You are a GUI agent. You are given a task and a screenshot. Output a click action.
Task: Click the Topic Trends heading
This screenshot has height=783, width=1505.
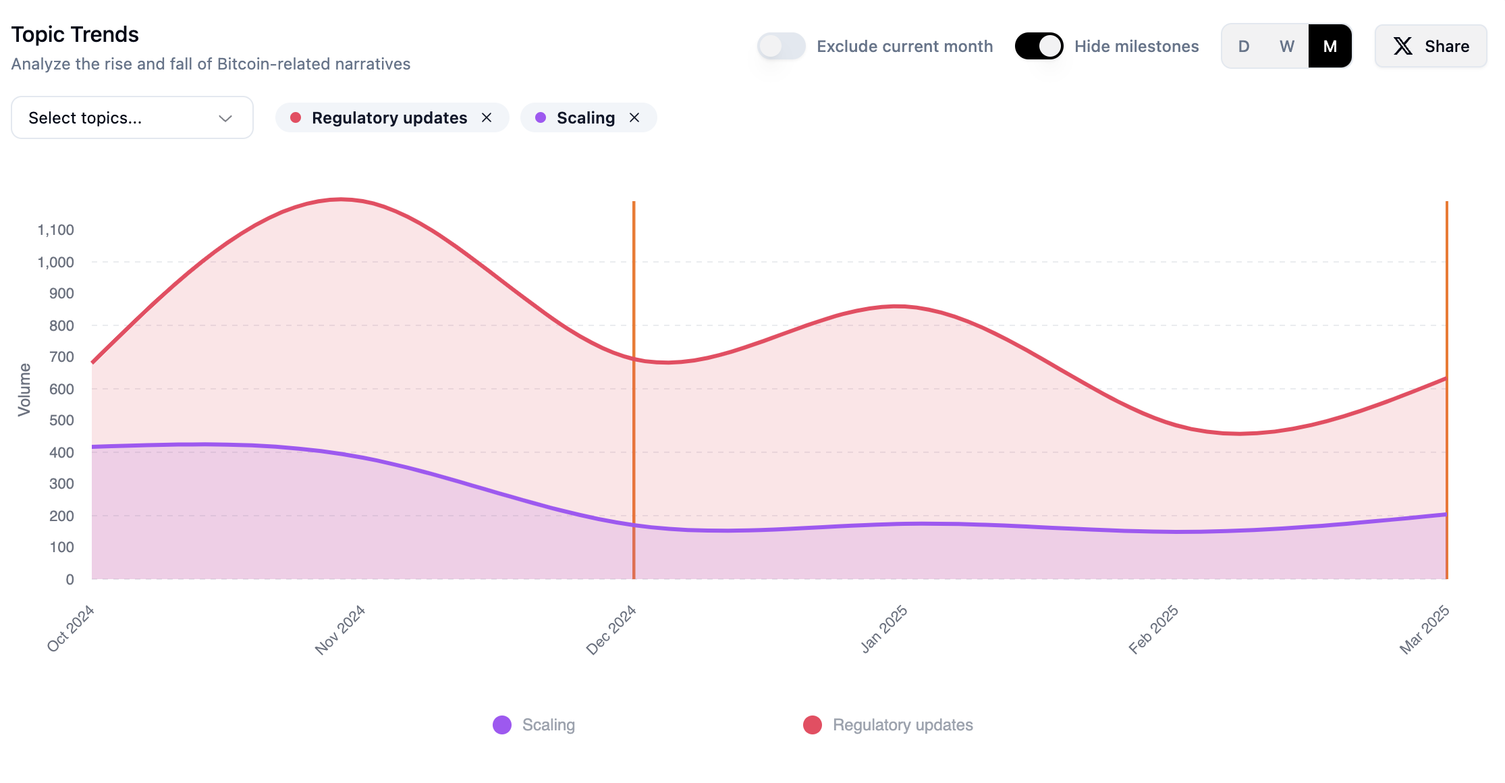tap(75, 34)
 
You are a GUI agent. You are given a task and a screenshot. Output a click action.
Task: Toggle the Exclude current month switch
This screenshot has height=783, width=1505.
tap(782, 46)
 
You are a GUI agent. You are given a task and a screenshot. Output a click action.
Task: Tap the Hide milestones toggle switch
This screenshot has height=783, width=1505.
tap(1039, 46)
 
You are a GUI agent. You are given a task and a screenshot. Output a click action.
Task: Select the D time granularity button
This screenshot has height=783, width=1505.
tap(1243, 46)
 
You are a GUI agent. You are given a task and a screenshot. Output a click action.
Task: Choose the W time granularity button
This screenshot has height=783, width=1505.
tap(1286, 46)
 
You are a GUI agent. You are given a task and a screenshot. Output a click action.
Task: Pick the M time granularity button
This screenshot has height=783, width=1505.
tap(1330, 46)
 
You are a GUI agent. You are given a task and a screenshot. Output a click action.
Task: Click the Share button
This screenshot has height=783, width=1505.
tap(1431, 46)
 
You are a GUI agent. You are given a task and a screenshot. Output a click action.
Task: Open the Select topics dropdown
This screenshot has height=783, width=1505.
tap(132, 117)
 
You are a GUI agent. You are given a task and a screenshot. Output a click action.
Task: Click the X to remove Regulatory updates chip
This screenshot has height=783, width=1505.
tap(487, 117)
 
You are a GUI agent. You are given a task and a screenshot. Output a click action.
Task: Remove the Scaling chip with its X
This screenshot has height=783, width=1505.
tap(634, 117)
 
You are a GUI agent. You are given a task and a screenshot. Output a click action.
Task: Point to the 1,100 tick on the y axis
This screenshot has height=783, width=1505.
tap(56, 230)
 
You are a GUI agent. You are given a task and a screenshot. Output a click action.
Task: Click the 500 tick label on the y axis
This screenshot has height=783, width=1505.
tap(61, 421)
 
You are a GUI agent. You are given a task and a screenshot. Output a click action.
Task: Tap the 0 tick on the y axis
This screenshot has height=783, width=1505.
tap(70, 579)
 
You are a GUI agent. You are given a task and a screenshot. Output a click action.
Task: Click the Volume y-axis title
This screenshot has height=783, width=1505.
tap(24, 389)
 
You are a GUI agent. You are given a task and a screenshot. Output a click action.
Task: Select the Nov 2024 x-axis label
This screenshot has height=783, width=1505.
tap(340, 630)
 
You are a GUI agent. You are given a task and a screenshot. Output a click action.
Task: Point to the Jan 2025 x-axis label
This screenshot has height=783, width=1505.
tap(884, 630)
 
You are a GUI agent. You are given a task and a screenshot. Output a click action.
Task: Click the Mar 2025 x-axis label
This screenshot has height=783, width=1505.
tap(1425, 630)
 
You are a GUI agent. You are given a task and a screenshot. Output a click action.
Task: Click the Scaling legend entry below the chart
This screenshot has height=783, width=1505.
tap(535, 725)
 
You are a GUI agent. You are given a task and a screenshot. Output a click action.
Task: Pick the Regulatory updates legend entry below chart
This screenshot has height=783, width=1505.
tap(888, 725)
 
